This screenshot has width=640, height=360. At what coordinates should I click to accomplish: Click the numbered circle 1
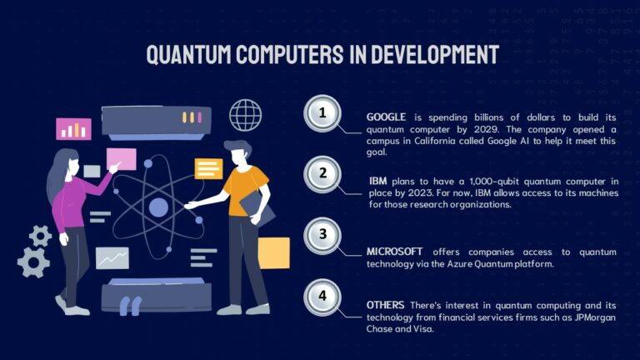click(x=323, y=114)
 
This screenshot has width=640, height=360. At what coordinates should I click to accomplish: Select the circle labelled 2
click(x=323, y=174)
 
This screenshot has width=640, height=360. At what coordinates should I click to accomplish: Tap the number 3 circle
click(x=323, y=234)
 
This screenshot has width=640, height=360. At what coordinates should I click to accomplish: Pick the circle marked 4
click(x=323, y=295)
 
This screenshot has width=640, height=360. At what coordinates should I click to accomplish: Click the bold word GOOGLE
click(x=386, y=117)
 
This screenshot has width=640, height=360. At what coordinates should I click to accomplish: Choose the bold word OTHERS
click(x=386, y=305)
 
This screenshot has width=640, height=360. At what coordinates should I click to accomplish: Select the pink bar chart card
click(x=73, y=129)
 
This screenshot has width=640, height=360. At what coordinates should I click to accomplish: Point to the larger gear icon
click(x=33, y=261)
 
